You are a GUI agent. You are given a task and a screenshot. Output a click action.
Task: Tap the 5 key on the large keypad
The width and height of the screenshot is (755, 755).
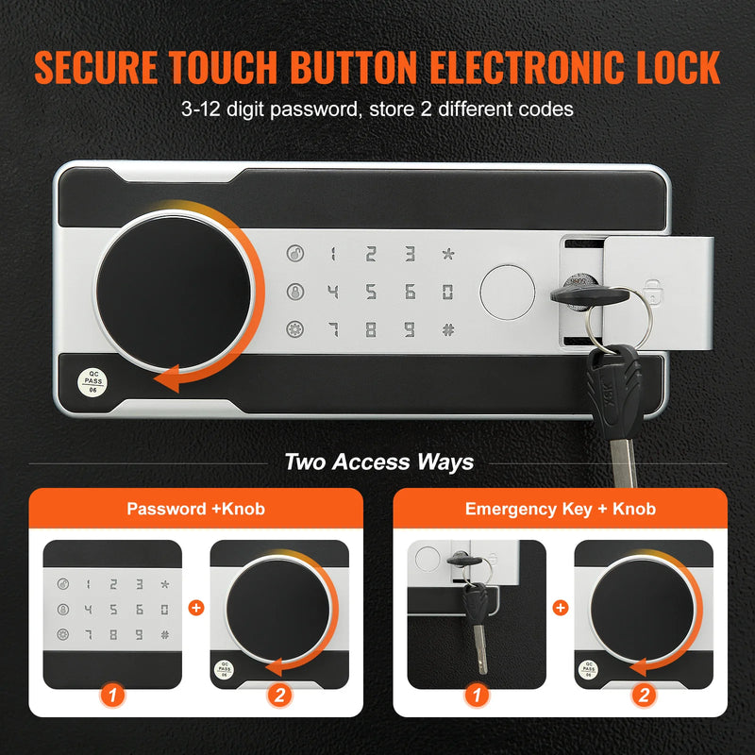[371, 292]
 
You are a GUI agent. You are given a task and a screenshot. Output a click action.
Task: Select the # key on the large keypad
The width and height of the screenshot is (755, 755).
[447, 330]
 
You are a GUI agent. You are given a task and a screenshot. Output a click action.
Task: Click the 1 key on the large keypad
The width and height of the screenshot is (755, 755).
[332, 253]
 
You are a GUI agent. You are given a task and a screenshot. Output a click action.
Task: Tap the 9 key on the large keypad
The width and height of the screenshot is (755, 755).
[410, 330]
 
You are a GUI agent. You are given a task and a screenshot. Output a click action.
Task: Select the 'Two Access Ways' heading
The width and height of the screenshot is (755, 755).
[378, 462]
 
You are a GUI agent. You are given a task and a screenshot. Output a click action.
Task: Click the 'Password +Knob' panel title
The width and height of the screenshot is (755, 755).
[195, 509]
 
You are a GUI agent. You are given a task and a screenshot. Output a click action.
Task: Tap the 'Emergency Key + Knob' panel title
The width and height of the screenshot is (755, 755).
[560, 509]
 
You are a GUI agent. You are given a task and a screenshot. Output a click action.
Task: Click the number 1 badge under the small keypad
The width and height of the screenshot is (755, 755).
[112, 696]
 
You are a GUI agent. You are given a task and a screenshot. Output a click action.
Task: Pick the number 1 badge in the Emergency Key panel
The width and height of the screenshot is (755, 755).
[477, 696]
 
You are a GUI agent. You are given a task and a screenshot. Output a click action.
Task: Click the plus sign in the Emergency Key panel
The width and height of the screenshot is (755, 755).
[560, 609]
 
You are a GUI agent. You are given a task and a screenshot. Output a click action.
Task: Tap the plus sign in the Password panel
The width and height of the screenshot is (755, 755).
[195, 609]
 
